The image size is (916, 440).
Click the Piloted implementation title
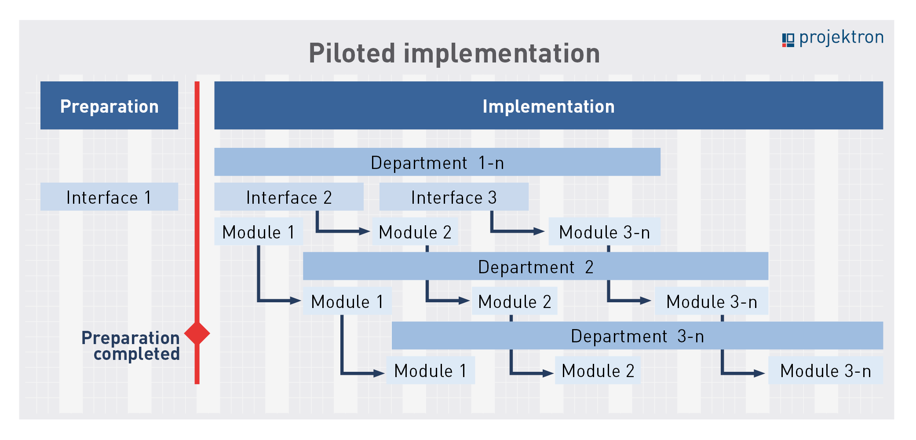454,54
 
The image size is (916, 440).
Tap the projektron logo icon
788,40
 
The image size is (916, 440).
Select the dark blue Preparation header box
109,105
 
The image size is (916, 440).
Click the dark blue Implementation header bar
548,105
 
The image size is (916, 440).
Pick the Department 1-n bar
437,162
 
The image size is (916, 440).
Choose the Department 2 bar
536,266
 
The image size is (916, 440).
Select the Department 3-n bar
637,335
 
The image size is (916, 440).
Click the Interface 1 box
109,197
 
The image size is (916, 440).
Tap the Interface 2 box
289,197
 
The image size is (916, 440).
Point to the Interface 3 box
454,197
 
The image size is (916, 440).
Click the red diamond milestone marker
197,333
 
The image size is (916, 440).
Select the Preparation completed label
131,346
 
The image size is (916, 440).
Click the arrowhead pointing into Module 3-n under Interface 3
539,231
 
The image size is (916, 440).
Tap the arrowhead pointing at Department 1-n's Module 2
365,231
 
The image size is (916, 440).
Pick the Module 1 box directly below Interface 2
259,231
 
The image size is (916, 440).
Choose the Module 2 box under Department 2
515,301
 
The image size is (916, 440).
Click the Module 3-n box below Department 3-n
825,370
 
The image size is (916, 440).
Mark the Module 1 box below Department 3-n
431,370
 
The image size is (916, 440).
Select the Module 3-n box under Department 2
712,301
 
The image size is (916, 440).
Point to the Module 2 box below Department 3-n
598,370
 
